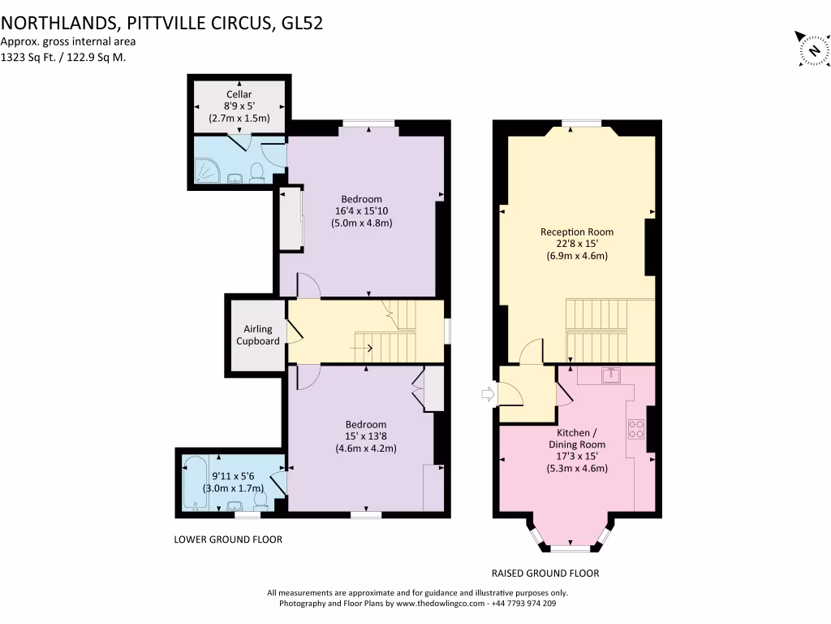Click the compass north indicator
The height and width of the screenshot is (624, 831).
812,49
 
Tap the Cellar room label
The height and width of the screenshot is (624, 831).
239,94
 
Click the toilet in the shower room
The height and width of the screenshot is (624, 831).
256,173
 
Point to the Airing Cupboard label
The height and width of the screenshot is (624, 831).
258,335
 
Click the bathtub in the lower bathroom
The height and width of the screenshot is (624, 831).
195,483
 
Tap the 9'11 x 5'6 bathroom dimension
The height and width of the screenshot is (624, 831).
233,476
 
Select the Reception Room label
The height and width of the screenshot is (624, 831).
577,232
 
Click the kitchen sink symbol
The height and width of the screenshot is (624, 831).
611,375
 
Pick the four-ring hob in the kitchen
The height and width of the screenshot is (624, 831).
636,429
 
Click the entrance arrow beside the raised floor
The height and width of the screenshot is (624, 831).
488,394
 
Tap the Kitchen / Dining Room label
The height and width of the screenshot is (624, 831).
577,439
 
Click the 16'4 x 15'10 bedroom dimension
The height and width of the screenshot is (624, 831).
361,210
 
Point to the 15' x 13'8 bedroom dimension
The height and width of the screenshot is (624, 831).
366,436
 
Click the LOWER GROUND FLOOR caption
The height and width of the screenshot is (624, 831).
228,539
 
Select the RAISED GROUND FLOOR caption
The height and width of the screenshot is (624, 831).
545,574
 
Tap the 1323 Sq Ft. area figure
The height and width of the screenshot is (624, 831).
28,58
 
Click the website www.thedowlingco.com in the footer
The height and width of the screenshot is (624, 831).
441,604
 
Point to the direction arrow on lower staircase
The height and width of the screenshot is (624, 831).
361,348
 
